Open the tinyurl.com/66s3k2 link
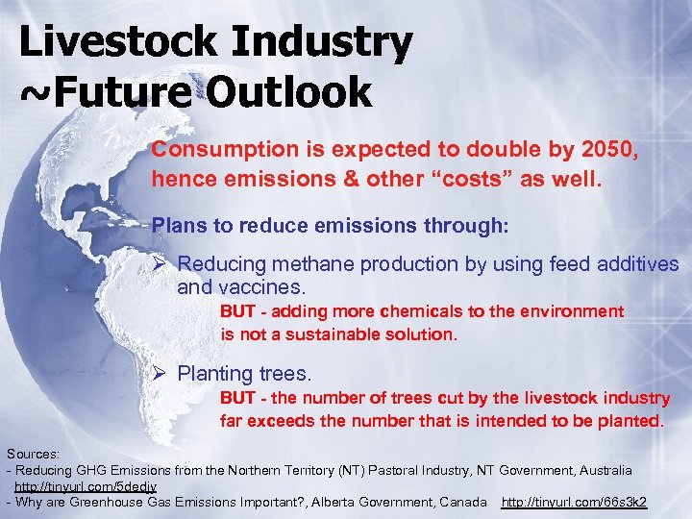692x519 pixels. pos(574,502)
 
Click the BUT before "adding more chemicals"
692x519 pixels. pos(237,311)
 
